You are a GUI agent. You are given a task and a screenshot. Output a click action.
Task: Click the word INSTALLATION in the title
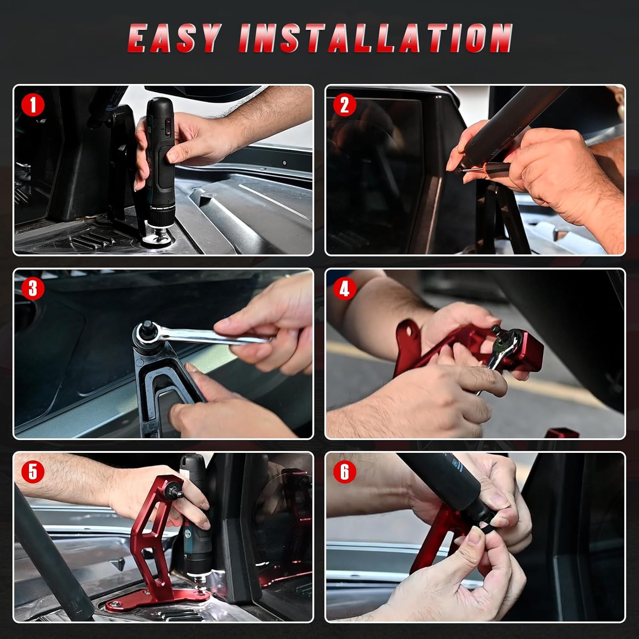pos(376,38)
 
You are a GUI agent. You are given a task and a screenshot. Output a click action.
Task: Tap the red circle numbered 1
pos(32,105)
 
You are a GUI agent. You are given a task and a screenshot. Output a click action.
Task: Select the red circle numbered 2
pos(345,105)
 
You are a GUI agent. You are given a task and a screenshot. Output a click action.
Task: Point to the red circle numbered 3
pos(32,289)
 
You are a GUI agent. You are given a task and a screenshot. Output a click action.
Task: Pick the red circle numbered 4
pos(345,289)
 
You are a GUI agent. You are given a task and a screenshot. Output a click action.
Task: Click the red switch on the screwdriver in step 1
pos(167,127)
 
